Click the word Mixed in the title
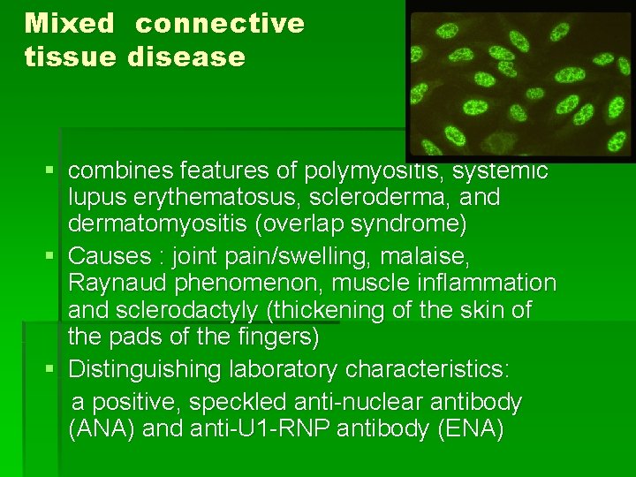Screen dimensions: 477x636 click(70, 24)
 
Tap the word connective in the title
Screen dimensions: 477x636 click(219, 24)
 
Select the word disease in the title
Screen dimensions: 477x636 click(186, 57)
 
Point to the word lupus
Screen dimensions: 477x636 click(99, 197)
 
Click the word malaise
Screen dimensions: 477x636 click(428, 255)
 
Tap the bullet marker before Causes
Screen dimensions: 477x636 click(55, 256)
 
